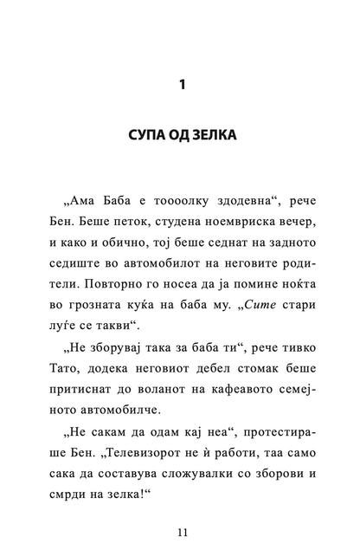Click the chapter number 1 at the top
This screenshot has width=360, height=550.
coord(181,86)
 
